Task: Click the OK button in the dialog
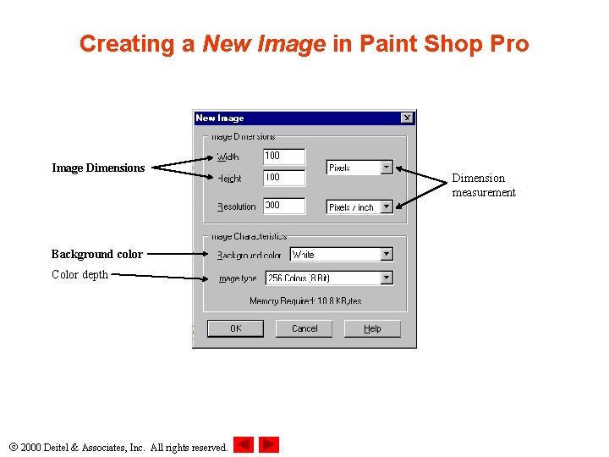pyautogui.click(x=235, y=328)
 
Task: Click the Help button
pyautogui.click(x=372, y=328)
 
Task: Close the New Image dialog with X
pyautogui.click(x=407, y=118)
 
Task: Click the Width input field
pyautogui.click(x=283, y=156)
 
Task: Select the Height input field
pyautogui.click(x=283, y=178)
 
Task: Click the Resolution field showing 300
pyautogui.click(x=283, y=206)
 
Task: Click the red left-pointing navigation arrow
pyautogui.click(x=244, y=444)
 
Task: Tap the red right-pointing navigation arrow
pyautogui.click(x=269, y=444)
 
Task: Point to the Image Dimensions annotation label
pyautogui.click(x=98, y=168)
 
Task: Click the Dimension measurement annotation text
pyautogui.click(x=483, y=185)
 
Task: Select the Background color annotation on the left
pyautogui.click(x=96, y=254)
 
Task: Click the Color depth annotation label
pyautogui.click(x=80, y=274)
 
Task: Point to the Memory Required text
pyautogui.click(x=305, y=300)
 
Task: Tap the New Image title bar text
pyautogui.click(x=220, y=118)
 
